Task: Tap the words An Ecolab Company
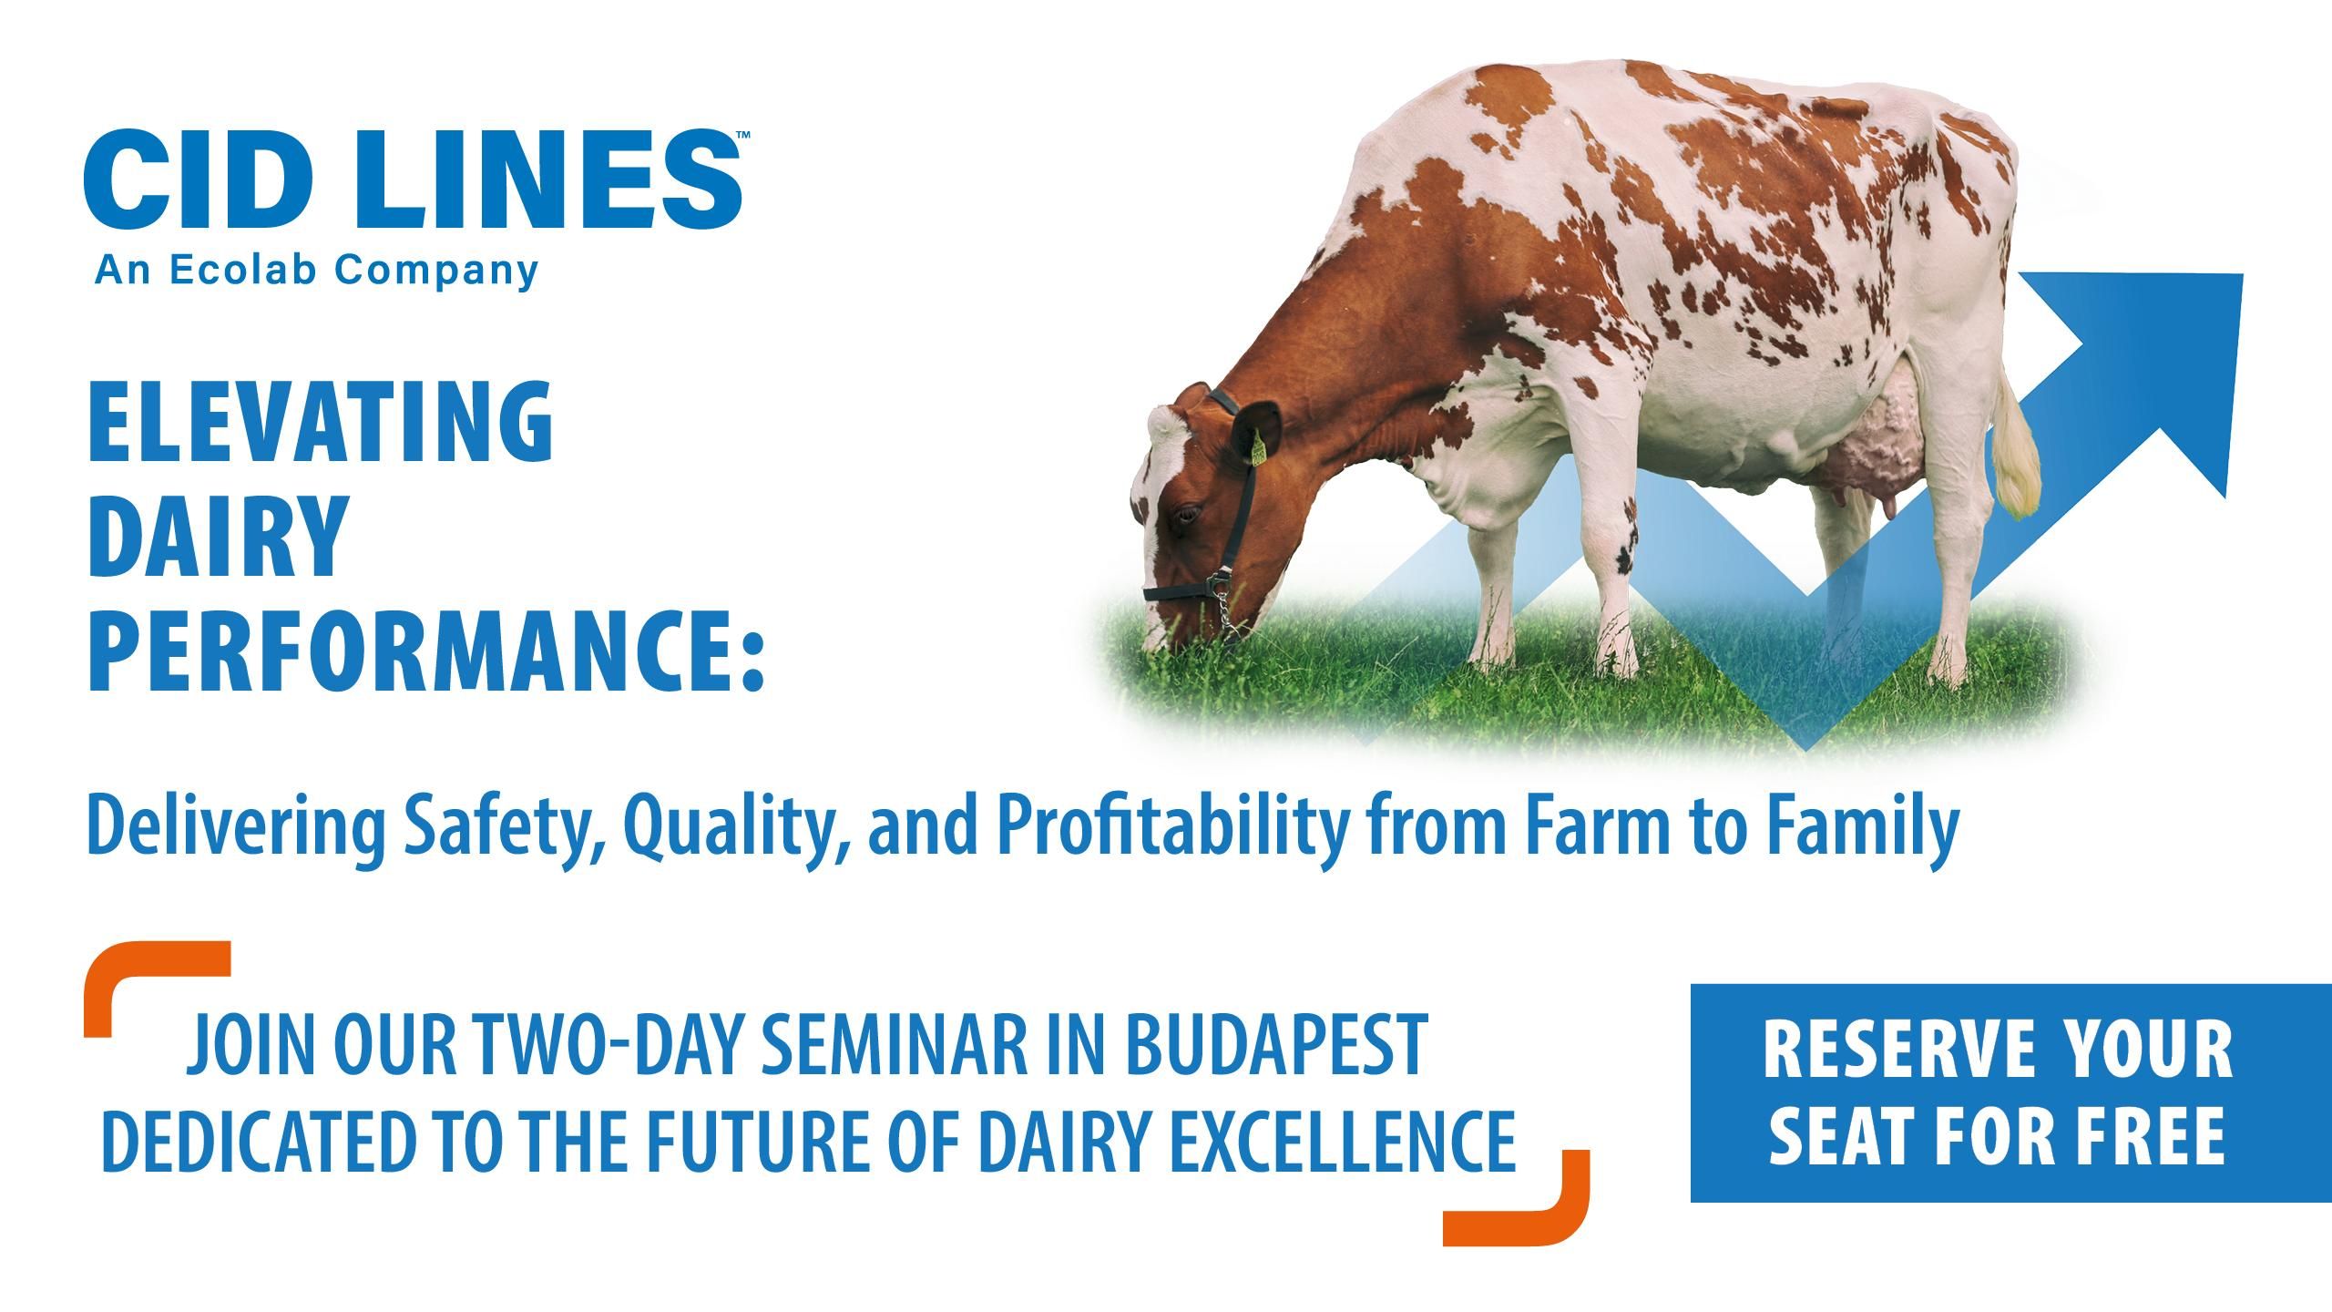[316, 270]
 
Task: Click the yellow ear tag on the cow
[1257, 447]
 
